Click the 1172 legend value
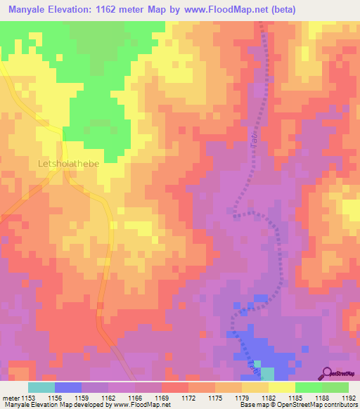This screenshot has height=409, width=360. (188, 398)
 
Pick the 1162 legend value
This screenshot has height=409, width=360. (108, 398)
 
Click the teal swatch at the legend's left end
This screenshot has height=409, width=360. (41, 387)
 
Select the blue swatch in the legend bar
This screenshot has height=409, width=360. (67, 387)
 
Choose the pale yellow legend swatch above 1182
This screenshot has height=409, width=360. (281, 387)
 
